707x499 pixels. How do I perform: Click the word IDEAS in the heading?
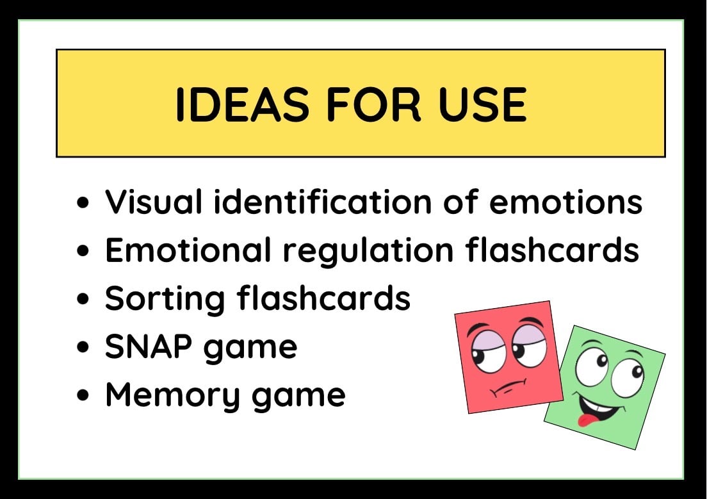tap(243, 104)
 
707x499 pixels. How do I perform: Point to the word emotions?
tap(566, 202)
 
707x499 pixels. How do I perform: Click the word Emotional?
tap(188, 250)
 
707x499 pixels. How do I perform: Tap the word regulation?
tap(368, 251)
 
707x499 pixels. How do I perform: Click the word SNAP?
tap(149, 347)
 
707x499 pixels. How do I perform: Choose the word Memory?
tap(173, 396)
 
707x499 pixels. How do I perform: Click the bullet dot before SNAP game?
tap(83, 347)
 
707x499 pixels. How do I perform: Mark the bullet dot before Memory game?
tap(83, 395)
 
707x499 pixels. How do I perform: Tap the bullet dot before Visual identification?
tap(83, 202)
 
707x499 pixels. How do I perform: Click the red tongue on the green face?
tap(586, 420)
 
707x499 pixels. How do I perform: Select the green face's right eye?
tap(628, 375)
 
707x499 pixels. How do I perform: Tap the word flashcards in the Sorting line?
tap(324, 298)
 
